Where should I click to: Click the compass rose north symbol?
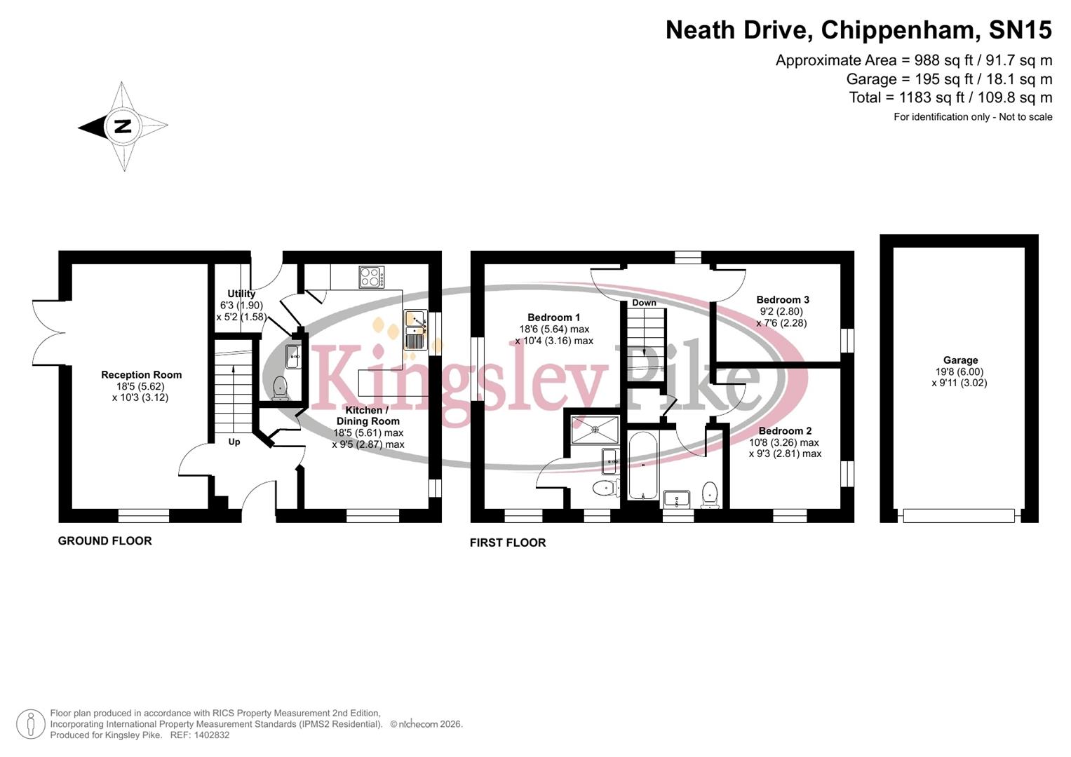pos(123,127)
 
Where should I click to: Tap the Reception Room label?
pos(141,375)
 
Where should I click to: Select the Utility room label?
pos(241,294)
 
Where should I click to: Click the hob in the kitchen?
pos(371,277)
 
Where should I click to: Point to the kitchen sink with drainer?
pos(415,330)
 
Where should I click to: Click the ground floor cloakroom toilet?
pos(280,387)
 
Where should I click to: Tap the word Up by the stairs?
pos(234,442)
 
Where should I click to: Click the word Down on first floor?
pos(644,303)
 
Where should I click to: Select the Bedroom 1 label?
pos(553,318)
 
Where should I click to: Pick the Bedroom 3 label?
pos(782,300)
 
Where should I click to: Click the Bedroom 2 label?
pos(785,431)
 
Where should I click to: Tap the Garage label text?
pos(959,360)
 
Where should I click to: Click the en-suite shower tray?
pos(595,430)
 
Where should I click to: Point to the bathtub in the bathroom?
pos(642,465)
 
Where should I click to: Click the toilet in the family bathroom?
pos(710,494)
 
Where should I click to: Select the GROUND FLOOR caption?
pos(105,540)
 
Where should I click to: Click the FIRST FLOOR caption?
pos(507,543)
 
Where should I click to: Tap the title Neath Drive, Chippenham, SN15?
pos(858,30)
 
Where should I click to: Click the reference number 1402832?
pos(210,735)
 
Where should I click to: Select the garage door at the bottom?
pos(958,516)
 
